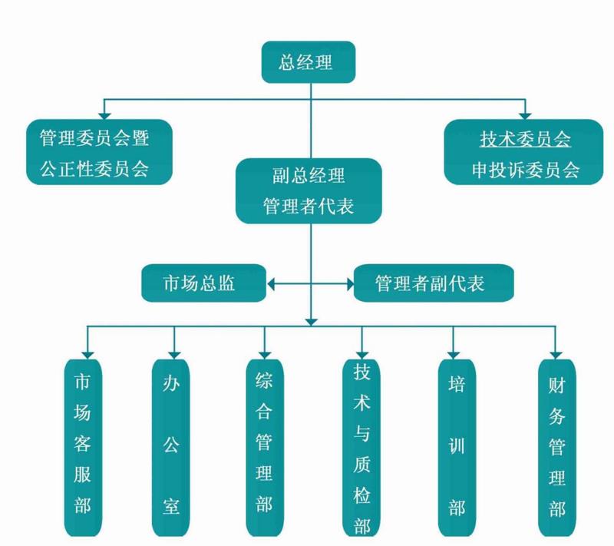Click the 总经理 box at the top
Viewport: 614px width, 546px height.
307,62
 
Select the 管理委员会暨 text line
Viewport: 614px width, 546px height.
94,139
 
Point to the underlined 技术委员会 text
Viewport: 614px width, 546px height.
525,139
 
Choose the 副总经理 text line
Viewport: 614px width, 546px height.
309,176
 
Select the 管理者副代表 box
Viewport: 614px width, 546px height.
430,283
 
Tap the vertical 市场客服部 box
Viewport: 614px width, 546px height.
83,445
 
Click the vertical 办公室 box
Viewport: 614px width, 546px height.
171,445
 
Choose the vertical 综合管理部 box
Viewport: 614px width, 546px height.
264,445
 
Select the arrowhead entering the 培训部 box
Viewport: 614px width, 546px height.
454,352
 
